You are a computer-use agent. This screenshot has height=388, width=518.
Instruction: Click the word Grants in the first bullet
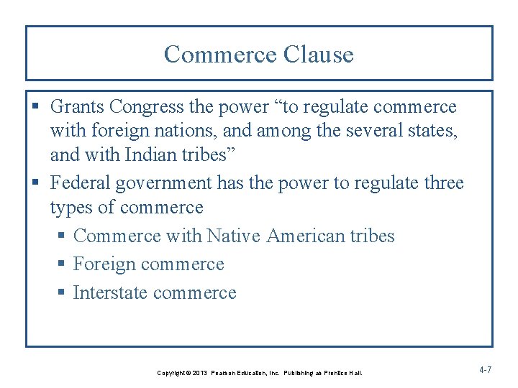(77, 107)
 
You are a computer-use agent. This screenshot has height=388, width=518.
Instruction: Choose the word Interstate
(111, 293)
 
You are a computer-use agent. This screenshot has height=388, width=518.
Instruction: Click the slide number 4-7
(485, 370)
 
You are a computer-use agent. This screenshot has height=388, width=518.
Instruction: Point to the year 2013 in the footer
(199, 374)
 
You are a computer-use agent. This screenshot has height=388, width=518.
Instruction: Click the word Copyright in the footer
(171, 374)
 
